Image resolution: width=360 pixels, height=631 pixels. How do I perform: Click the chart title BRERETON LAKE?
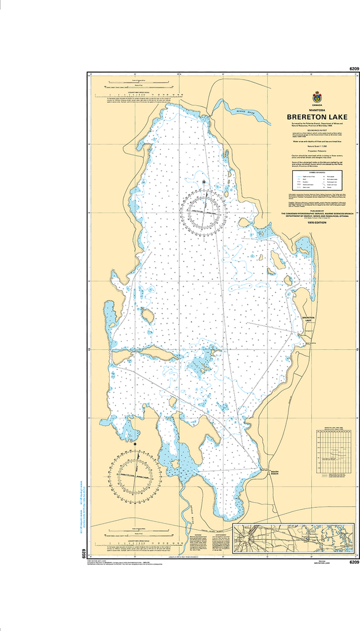[317, 117]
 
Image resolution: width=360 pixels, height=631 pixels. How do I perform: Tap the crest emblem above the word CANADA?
[317, 96]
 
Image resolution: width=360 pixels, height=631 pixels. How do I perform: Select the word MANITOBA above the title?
[317, 110]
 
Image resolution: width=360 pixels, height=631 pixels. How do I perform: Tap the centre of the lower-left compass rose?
[134, 473]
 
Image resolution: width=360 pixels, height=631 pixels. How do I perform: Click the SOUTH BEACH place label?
[276, 474]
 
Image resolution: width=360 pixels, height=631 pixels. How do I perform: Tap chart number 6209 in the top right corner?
[353, 68]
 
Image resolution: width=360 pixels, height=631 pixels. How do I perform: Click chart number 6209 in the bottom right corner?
[353, 561]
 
